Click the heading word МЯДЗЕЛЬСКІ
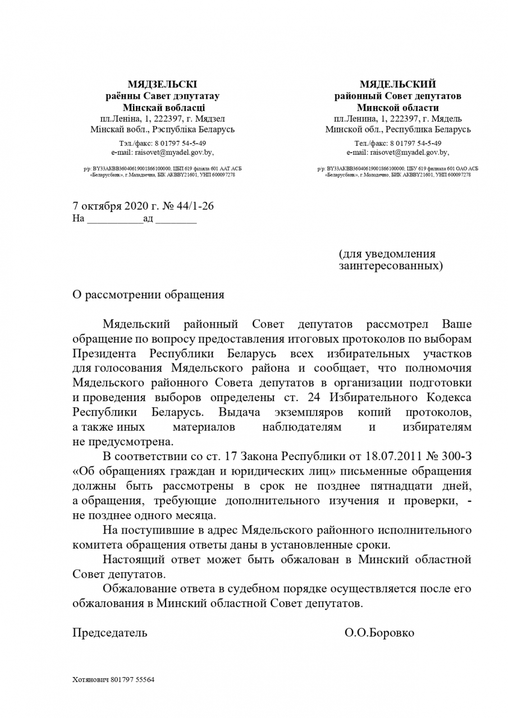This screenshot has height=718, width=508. click(x=162, y=85)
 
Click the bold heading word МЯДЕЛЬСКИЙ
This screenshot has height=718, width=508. click(x=397, y=85)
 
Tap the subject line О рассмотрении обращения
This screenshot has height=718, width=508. click(x=148, y=295)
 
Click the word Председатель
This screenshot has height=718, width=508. click(x=110, y=633)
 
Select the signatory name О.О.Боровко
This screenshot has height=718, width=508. click(x=379, y=633)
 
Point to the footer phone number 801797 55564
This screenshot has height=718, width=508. click(x=133, y=679)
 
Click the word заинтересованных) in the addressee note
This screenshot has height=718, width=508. click(x=391, y=265)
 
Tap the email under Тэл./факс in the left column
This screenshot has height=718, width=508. click(x=163, y=152)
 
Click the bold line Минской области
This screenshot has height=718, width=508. click(x=397, y=107)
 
